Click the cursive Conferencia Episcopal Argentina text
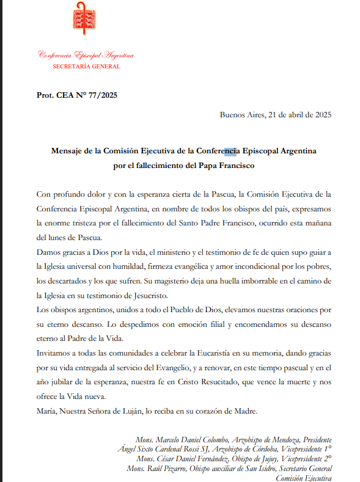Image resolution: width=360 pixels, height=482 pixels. click(86, 55)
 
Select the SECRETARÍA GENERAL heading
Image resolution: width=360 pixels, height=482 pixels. click(86, 67)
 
